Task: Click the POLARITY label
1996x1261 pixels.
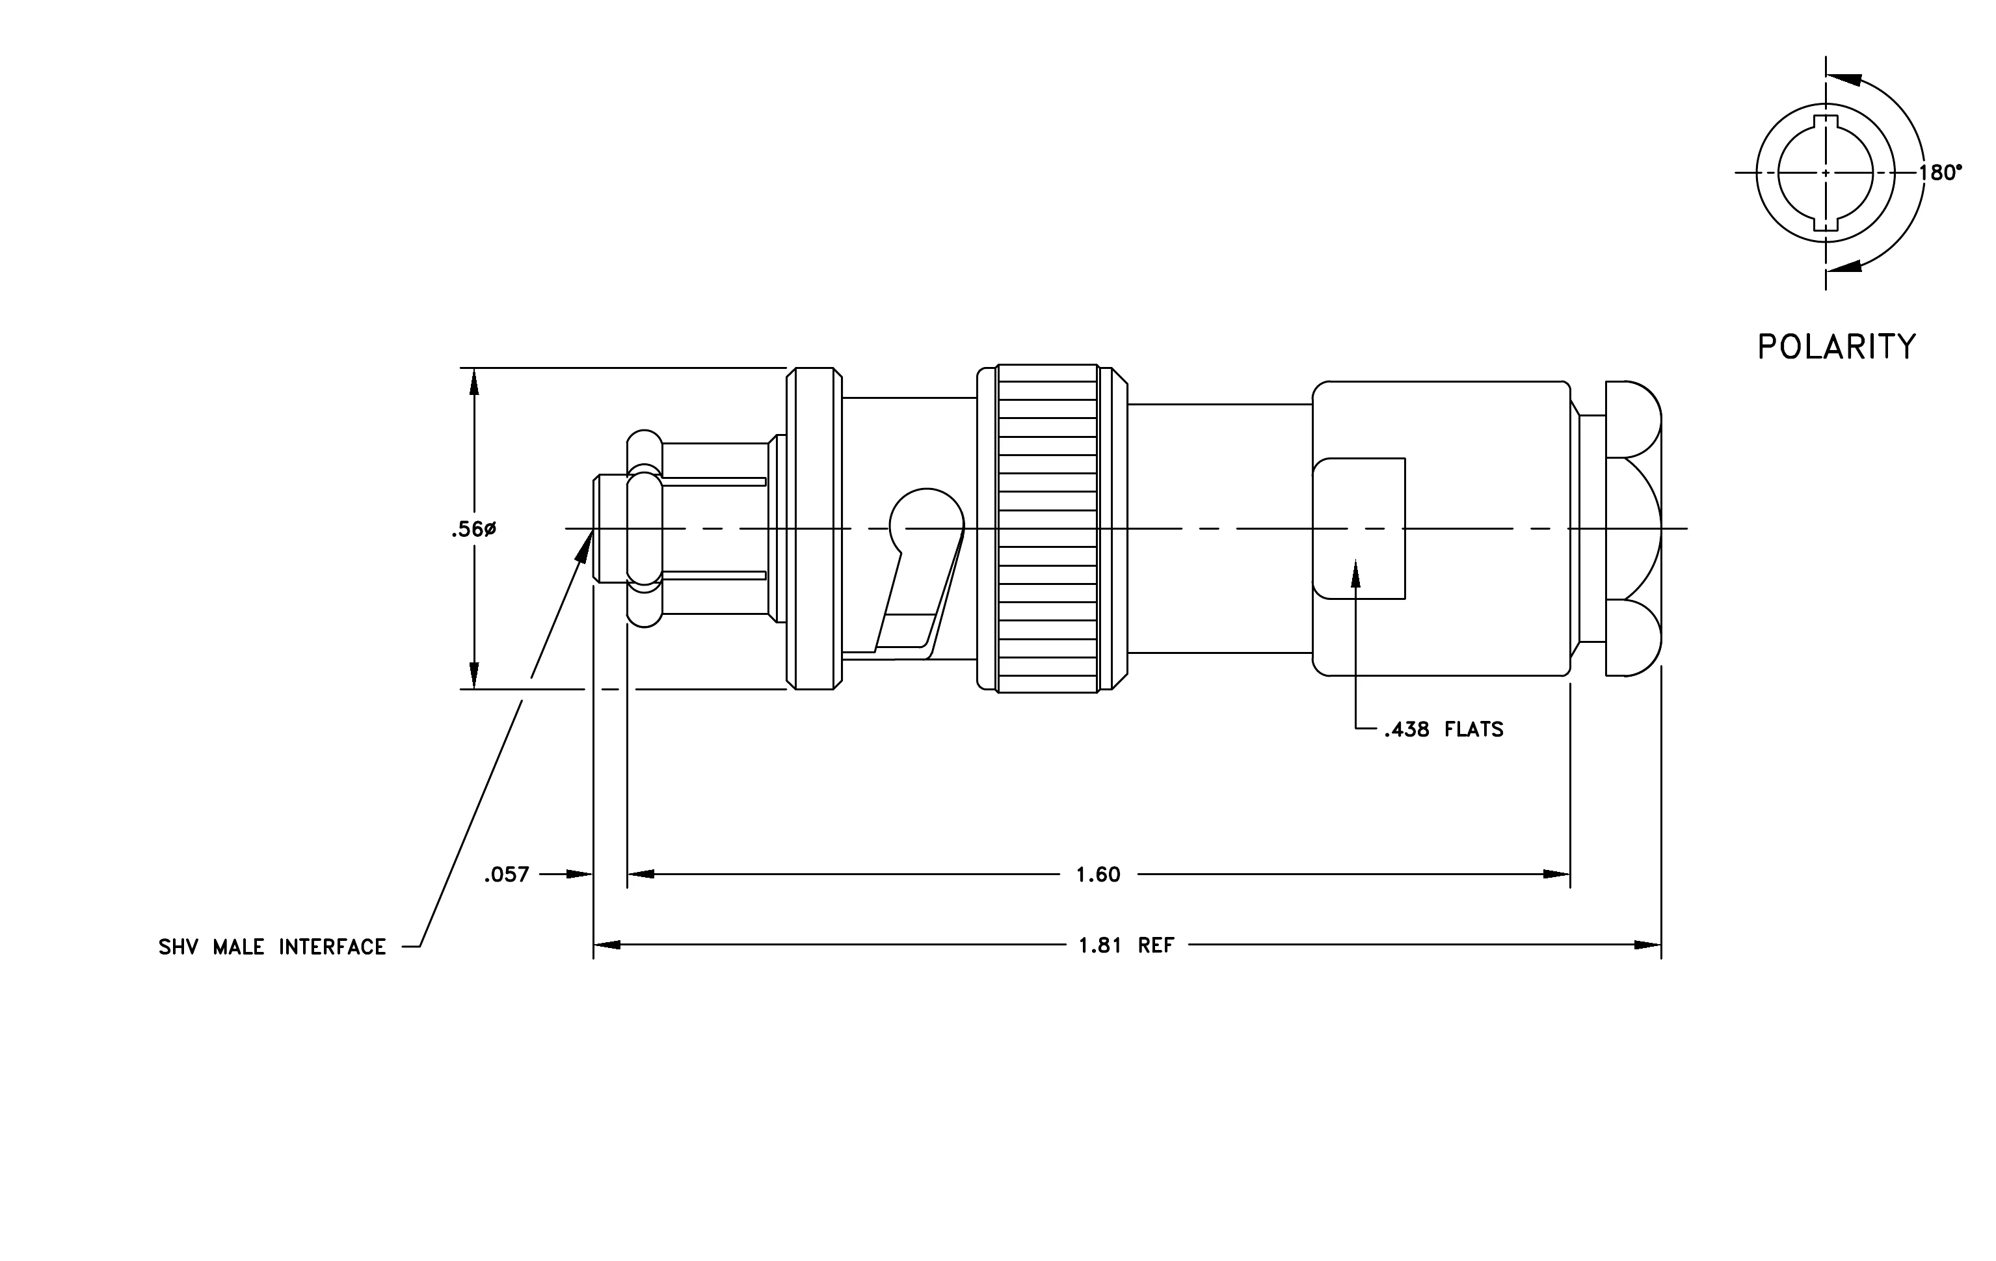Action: (1837, 347)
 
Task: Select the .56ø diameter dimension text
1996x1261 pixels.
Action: (473, 529)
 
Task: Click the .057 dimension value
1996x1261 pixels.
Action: (507, 875)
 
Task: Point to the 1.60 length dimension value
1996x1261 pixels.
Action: (1098, 875)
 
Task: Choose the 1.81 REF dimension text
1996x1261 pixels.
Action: (1126, 945)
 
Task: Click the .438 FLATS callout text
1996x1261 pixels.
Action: (1443, 729)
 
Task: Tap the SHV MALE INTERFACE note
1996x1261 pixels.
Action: (273, 947)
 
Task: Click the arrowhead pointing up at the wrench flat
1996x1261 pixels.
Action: (1356, 574)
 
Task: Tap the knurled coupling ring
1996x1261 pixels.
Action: (1048, 528)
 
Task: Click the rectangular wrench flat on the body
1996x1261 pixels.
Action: (1359, 528)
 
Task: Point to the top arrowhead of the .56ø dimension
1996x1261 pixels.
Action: (474, 383)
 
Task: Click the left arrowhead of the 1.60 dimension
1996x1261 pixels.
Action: (641, 874)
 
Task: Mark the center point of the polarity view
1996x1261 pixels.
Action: (1826, 172)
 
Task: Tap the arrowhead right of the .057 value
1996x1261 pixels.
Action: (579, 874)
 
